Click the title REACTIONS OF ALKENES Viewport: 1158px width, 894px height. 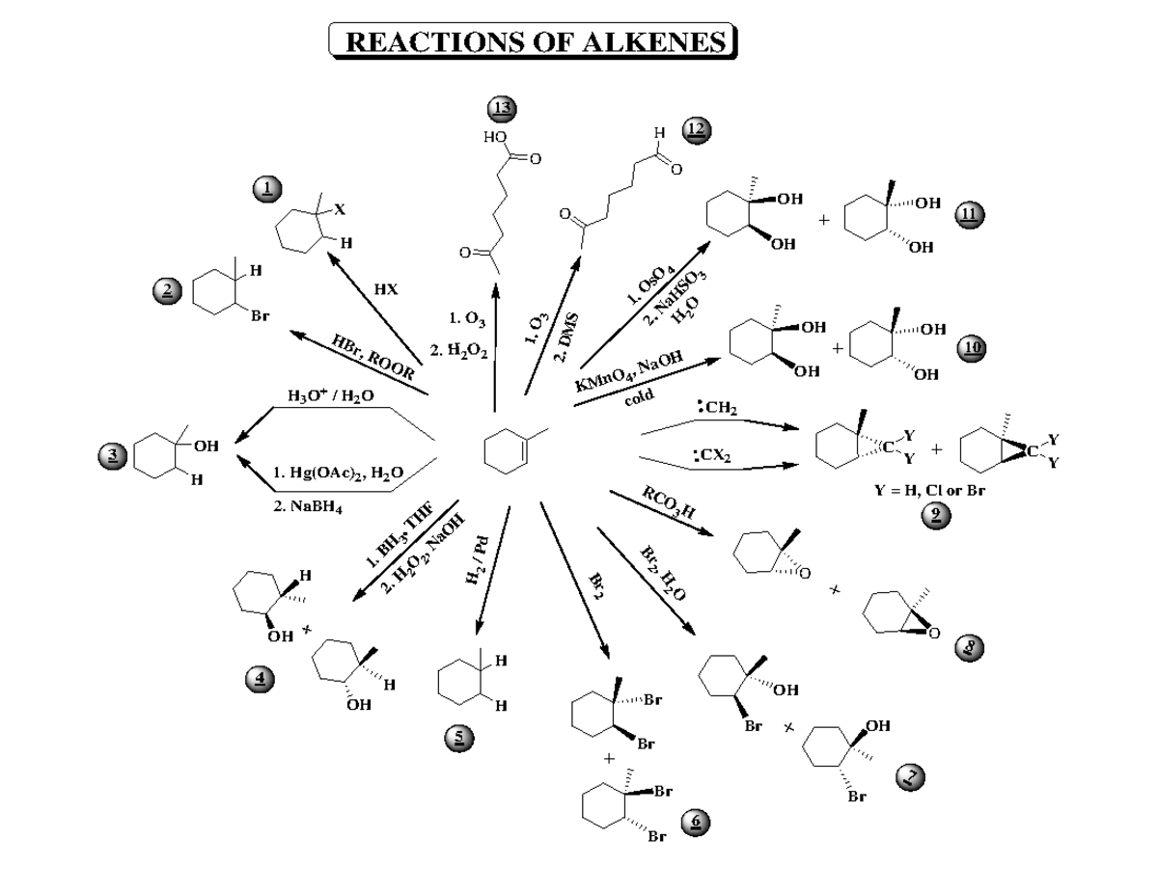tap(534, 41)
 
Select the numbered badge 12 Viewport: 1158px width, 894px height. tap(695, 130)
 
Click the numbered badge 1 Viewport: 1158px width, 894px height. tap(267, 188)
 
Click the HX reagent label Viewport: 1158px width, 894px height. tap(385, 288)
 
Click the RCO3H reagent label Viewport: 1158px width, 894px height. tap(669, 504)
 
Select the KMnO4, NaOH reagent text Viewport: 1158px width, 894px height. tap(629, 370)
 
